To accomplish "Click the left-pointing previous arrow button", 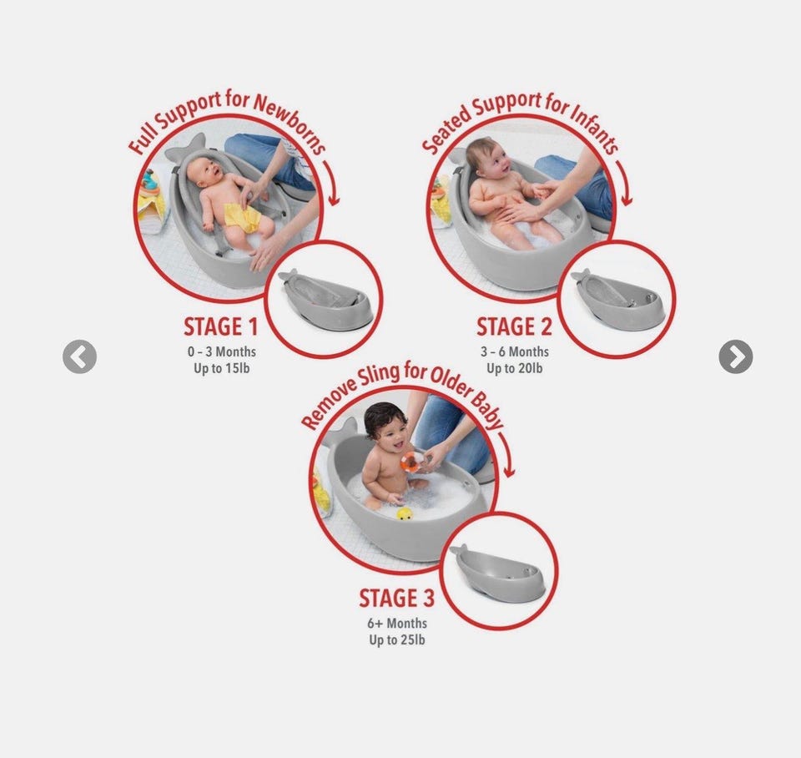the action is [80, 356].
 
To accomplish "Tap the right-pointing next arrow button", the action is [736, 356].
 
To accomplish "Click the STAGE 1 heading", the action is [220, 327].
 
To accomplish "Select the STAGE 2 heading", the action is [515, 327].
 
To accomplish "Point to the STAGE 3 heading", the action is [397, 598].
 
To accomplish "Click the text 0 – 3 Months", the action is [222, 351].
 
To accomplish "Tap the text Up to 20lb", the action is [515, 368].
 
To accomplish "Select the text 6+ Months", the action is [397, 623].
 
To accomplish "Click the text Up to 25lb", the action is [397, 639].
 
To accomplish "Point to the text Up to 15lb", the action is [222, 368].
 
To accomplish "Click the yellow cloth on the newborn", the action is [243, 218].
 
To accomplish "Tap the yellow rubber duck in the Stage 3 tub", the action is [405, 513].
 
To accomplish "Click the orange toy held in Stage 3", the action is [411, 461].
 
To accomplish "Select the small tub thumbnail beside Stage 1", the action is [325, 298].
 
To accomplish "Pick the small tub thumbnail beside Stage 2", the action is [617, 298].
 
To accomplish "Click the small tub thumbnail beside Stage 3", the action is [497, 570].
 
